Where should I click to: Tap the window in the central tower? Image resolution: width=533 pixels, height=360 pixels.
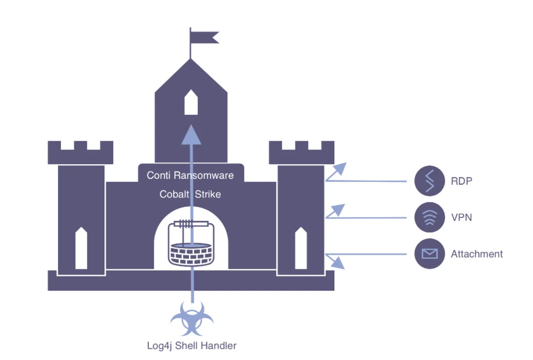click(191, 102)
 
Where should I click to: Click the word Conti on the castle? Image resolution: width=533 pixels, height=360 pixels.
click(159, 175)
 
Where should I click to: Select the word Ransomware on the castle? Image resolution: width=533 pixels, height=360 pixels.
click(204, 175)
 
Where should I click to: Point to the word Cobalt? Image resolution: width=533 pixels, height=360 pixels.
click(174, 194)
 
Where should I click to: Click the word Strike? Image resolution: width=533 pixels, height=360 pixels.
click(208, 194)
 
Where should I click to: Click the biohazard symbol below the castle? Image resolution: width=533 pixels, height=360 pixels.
click(192, 318)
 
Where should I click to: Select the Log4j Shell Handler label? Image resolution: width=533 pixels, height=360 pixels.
click(192, 346)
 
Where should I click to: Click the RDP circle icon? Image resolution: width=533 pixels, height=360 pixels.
click(430, 181)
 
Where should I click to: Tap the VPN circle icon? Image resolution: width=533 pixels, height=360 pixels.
click(430, 217)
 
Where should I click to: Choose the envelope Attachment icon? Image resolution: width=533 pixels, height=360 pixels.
click(430, 254)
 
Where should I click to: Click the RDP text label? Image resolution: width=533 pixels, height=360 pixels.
click(461, 181)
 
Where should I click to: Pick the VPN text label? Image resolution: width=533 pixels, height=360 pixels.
click(461, 217)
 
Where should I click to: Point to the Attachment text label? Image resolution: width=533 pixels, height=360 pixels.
click(476, 254)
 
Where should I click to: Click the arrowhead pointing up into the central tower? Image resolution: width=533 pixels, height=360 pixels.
click(191, 135)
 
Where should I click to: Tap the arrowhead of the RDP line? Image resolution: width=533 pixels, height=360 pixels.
click(340, 169)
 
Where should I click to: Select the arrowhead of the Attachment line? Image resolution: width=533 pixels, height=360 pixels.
click(338, 263)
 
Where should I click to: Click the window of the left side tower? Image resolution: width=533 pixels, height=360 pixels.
click(81, 248)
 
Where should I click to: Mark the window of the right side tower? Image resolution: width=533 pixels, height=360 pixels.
click(301, 248)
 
